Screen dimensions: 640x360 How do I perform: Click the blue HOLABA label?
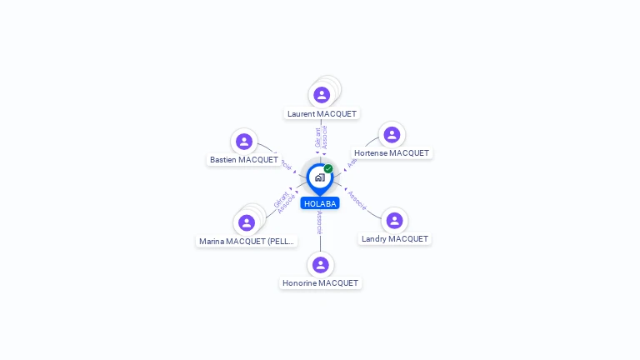point(320,203)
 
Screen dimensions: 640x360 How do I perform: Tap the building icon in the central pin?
point(319,177)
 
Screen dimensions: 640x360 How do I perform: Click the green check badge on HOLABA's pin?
point(328,169)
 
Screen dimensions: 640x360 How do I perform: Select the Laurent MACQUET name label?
point(322,113)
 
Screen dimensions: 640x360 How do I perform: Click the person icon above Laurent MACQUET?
point(322,95)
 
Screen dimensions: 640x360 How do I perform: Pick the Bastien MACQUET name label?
point(244,159)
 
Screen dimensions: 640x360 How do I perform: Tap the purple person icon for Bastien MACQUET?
point(244,142)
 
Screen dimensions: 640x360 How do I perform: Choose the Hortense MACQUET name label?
point(391,153)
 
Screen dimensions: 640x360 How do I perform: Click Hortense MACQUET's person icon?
point(392,135)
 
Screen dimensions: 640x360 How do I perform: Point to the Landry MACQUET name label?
point(394,238)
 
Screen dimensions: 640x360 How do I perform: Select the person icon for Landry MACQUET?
point(394,220)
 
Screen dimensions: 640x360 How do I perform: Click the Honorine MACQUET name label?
point(320,282)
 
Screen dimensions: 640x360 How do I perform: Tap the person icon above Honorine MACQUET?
point(321,265)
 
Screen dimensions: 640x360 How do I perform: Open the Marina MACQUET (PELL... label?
point(247,241)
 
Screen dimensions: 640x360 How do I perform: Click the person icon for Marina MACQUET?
point(247,222)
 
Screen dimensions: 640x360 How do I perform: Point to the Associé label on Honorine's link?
point(320,222)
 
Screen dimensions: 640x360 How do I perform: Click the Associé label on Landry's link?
point(357,201)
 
